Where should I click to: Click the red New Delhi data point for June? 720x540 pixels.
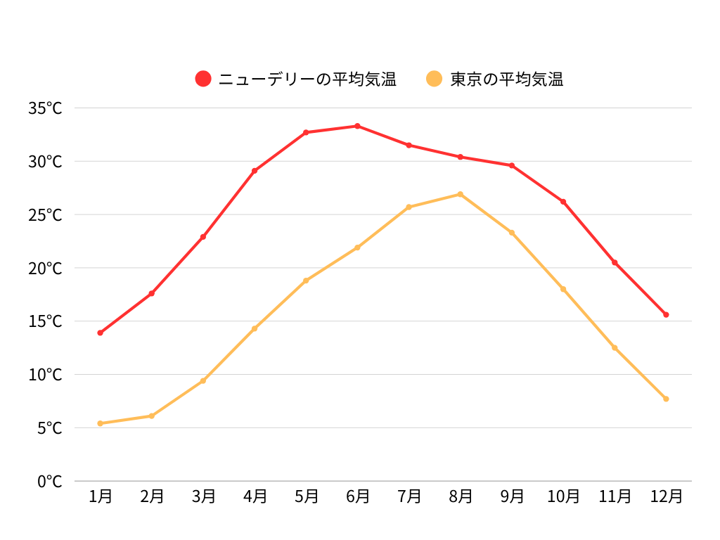(x=357, y=126)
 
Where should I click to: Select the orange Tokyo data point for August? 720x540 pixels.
(x=460, y=194)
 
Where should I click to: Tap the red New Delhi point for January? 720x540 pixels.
(x=101, y=333)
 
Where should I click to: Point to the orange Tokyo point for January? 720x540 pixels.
(x=101, y=423)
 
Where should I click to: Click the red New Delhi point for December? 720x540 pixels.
(x=666, y=314)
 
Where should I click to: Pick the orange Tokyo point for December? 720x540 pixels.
(x=666, y=399)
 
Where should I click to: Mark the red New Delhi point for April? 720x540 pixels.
(x=255, y=171)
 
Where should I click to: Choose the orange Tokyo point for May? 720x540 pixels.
(x=306, y=281)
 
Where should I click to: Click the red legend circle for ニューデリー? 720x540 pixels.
(x=203, y=79)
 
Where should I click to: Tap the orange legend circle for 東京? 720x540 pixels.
(x=435, y=79)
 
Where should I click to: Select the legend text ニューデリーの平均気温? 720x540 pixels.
(x=307, y=79)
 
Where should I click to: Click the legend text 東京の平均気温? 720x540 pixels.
(x=507, y=79)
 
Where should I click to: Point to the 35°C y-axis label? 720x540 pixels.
(x=45, y=108)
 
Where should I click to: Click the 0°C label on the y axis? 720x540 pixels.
(x=49, y=482)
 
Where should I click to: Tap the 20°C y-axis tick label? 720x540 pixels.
(x=45, y=268)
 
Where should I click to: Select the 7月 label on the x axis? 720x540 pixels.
(x=409, y=496)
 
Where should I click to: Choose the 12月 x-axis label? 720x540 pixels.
(x=666, y=496)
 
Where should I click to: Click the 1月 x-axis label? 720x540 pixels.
(x=101, y=496)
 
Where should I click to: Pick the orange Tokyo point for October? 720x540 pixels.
(x=563, y=289)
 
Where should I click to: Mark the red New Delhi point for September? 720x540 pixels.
(x=512, y=165)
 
